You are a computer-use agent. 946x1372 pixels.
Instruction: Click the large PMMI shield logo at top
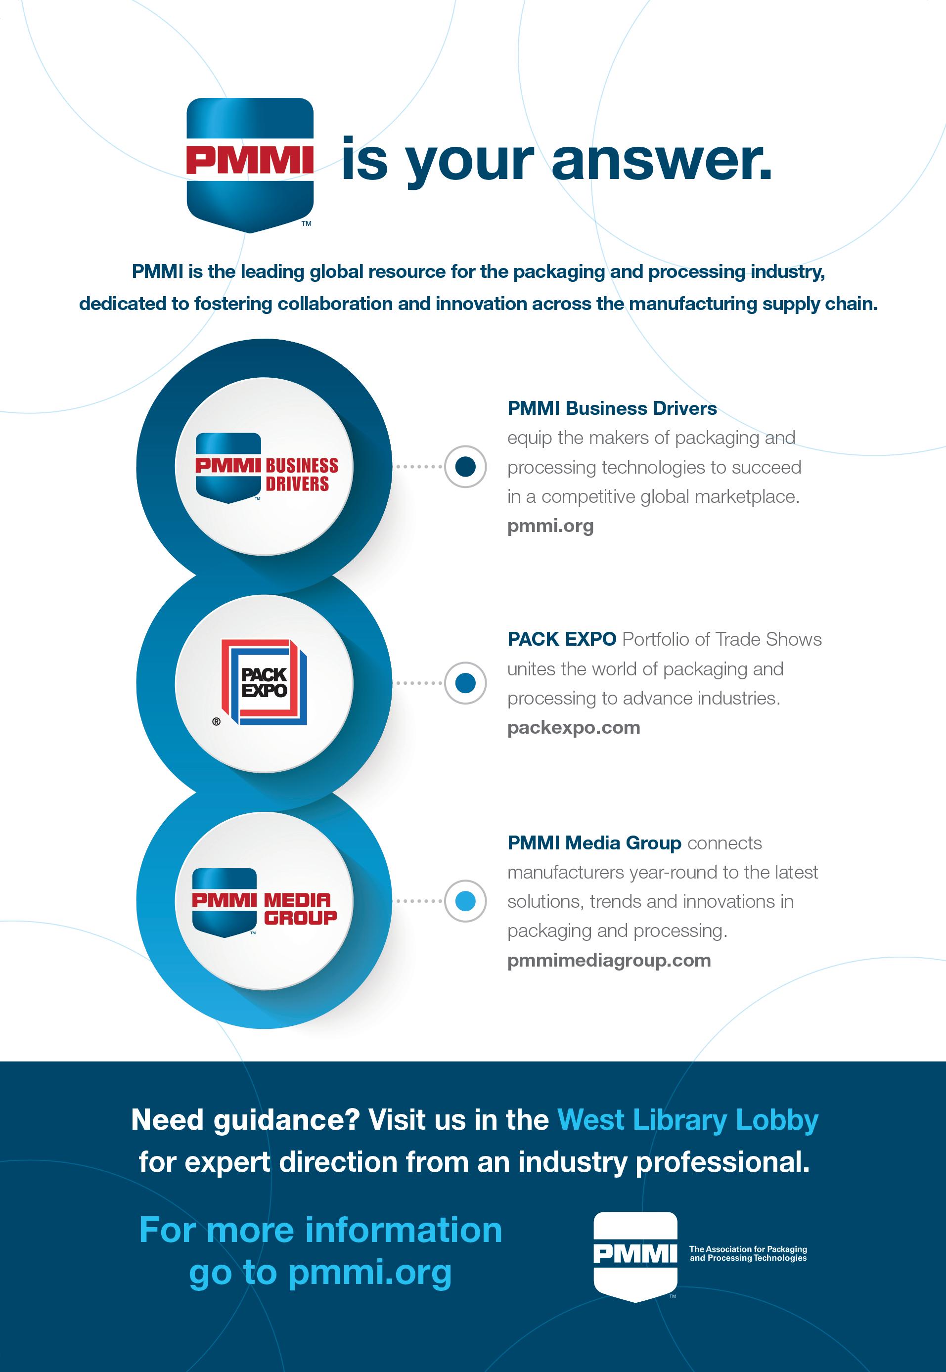tap(250, 164)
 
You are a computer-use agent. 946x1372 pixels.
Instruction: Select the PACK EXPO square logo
tap(265, 682)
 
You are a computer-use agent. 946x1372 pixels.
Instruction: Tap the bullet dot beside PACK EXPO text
tap(466, 683)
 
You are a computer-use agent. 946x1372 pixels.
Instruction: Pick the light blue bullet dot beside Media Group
tap(466, 901)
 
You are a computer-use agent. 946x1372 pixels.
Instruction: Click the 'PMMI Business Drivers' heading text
tap(612, 408)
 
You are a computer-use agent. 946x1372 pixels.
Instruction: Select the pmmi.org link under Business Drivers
tap(550, 526)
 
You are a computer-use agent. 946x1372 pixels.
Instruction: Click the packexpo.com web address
tap(573, 727)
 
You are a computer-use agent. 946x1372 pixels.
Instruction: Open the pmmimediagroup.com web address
tap(609, 960)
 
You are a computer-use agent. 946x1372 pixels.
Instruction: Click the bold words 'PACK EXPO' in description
tap(561, 639)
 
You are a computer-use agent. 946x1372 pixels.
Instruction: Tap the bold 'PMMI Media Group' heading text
tap(594, 843)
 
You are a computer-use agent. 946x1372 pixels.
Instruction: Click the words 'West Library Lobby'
tap(687, 1119)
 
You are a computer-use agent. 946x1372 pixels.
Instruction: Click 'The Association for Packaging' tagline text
tap(747, 1249)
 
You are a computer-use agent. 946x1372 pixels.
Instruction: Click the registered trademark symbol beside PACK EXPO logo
tap(216, 721)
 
